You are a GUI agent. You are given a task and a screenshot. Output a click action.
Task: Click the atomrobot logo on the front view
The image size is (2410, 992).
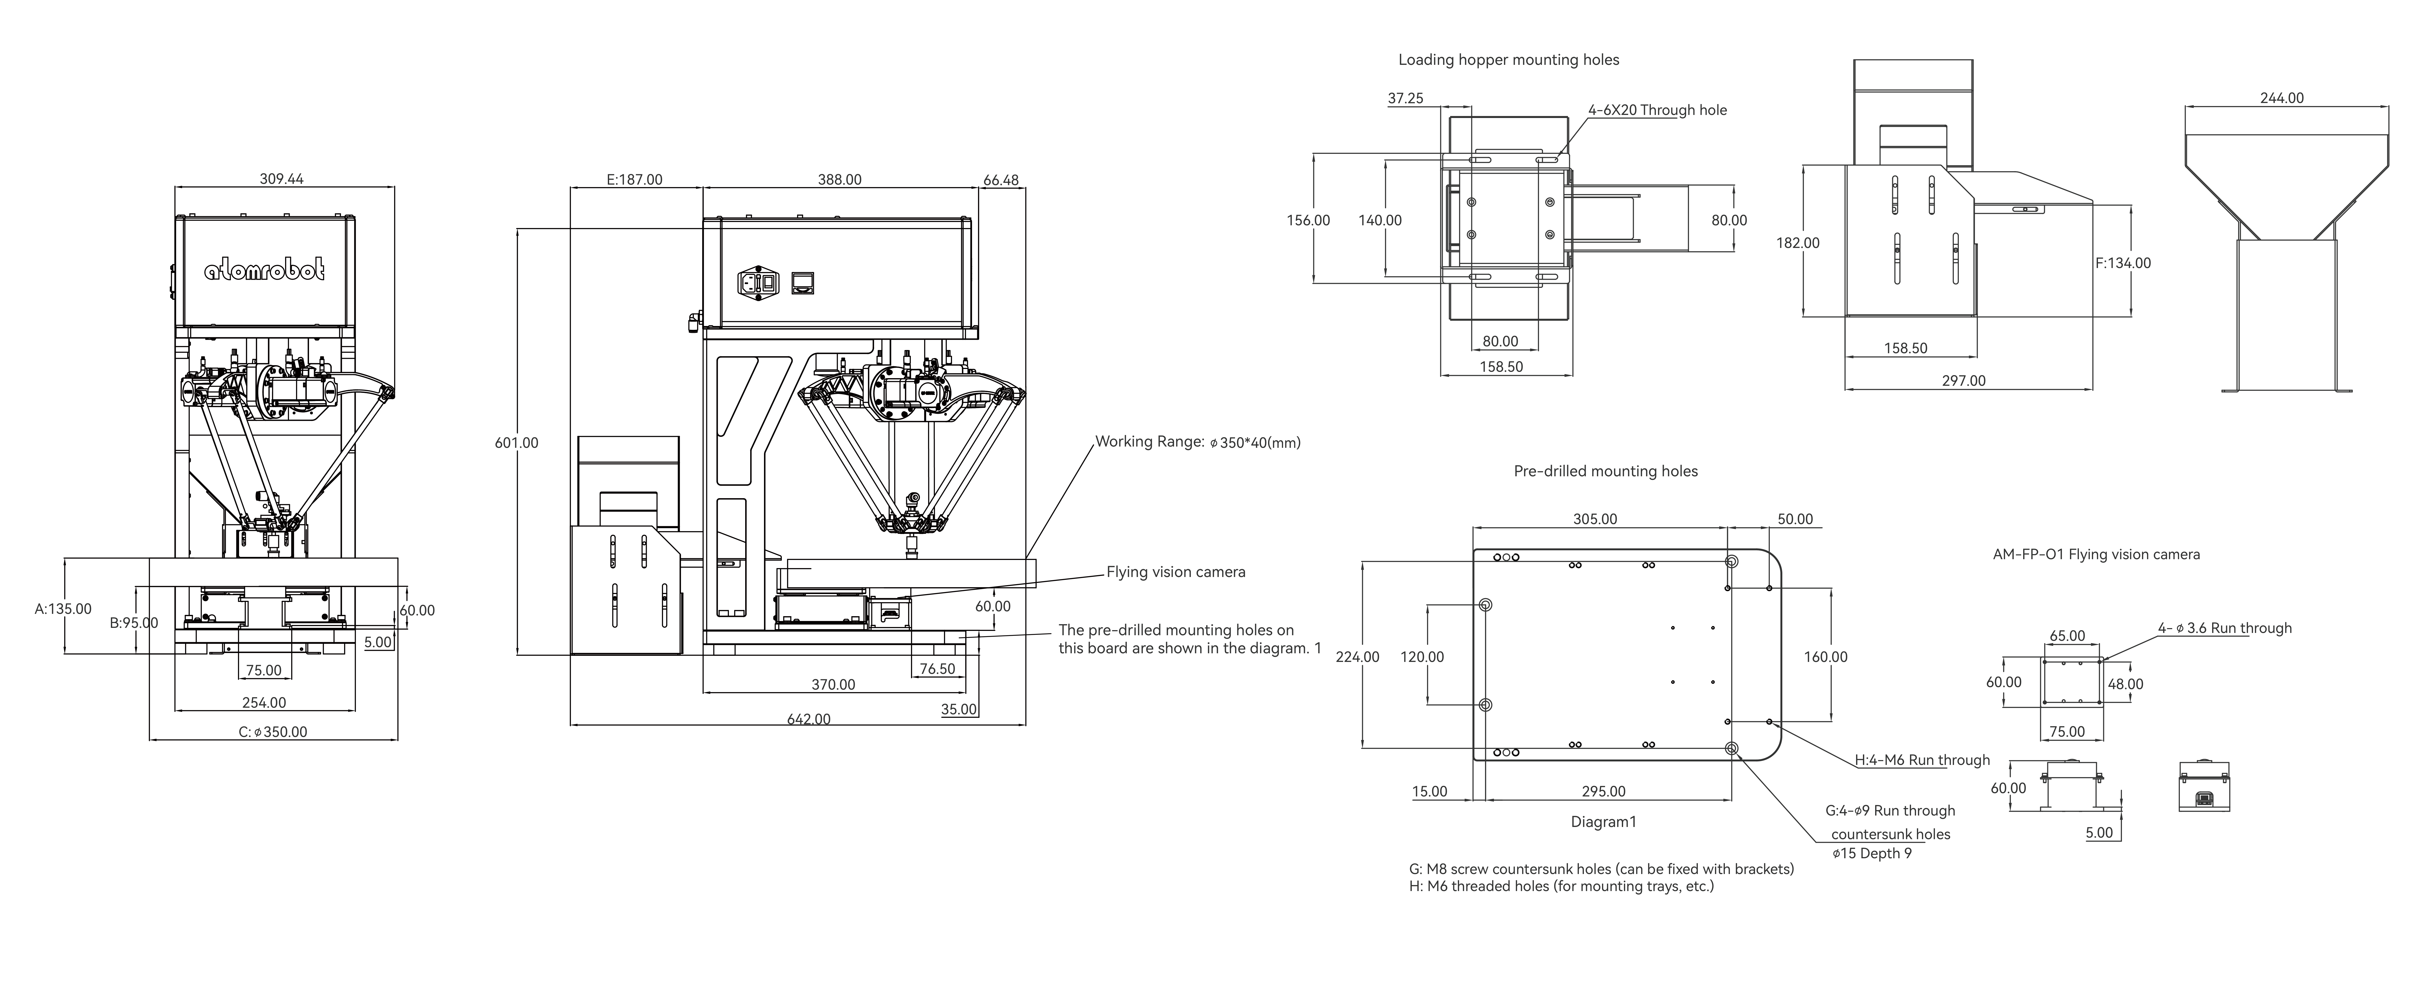coord(265,271)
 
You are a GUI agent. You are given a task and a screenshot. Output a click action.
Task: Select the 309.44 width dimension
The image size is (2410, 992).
coord(282,179)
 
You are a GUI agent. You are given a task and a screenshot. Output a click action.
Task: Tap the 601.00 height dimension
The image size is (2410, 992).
coord(517,443)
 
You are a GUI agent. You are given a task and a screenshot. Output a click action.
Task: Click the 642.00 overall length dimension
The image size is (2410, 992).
coord(808,719)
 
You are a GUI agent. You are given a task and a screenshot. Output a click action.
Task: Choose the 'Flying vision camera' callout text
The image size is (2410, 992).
coord(1176,572)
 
